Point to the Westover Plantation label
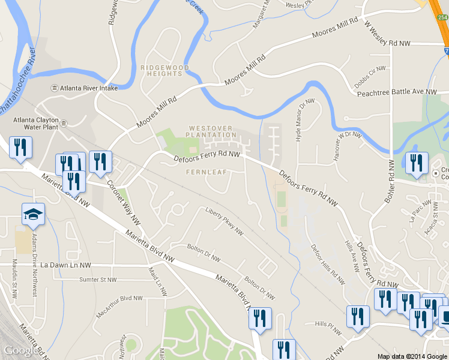(212, 131)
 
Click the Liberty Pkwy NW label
(224, 221)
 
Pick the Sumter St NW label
(98, 280)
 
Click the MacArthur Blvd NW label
(119, 298)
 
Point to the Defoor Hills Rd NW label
(328, 263)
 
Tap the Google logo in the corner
(20, 350)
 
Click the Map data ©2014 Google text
(412, 356)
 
